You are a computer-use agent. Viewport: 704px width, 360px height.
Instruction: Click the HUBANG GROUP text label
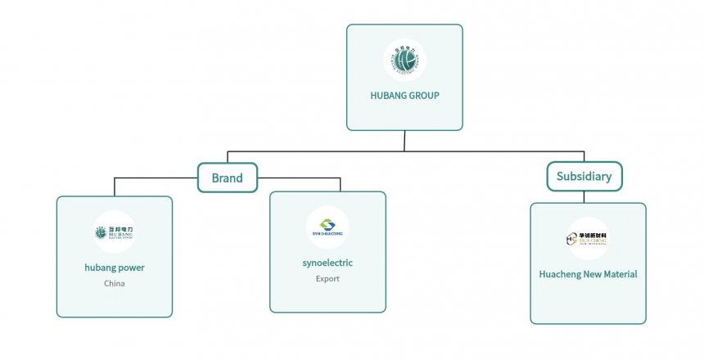pos(404,96)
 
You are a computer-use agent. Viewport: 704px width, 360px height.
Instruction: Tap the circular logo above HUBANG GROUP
pos(404,60)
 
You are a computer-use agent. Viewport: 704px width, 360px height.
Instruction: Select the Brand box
pos(228,178)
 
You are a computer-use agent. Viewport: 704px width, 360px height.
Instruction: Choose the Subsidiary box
pos(584,176)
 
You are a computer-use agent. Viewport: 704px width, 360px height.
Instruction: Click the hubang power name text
pos(115,268)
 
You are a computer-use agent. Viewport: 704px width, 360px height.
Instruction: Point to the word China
pos(115,284)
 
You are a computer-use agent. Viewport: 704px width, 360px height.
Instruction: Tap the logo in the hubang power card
pos(115,232)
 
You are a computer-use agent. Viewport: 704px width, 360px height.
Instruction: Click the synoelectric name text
pos(327,263)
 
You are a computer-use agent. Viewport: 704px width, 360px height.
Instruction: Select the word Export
pos(327,279)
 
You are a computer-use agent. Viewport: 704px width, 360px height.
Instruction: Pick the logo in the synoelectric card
pos(327,227)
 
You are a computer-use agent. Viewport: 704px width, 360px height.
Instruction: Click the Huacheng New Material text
pos(588,274)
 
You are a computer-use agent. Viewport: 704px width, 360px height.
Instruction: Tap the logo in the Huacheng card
pos(588,239)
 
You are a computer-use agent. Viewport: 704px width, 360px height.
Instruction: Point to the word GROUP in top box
pos(423,96)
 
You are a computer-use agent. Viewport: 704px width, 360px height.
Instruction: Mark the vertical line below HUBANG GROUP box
pos(404,141)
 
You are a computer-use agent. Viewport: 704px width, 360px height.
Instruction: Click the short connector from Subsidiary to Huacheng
pos(584,197)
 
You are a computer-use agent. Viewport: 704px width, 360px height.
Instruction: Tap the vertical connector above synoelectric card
pos(341,184)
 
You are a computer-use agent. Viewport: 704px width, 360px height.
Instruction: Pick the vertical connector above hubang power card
pos(115,187)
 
